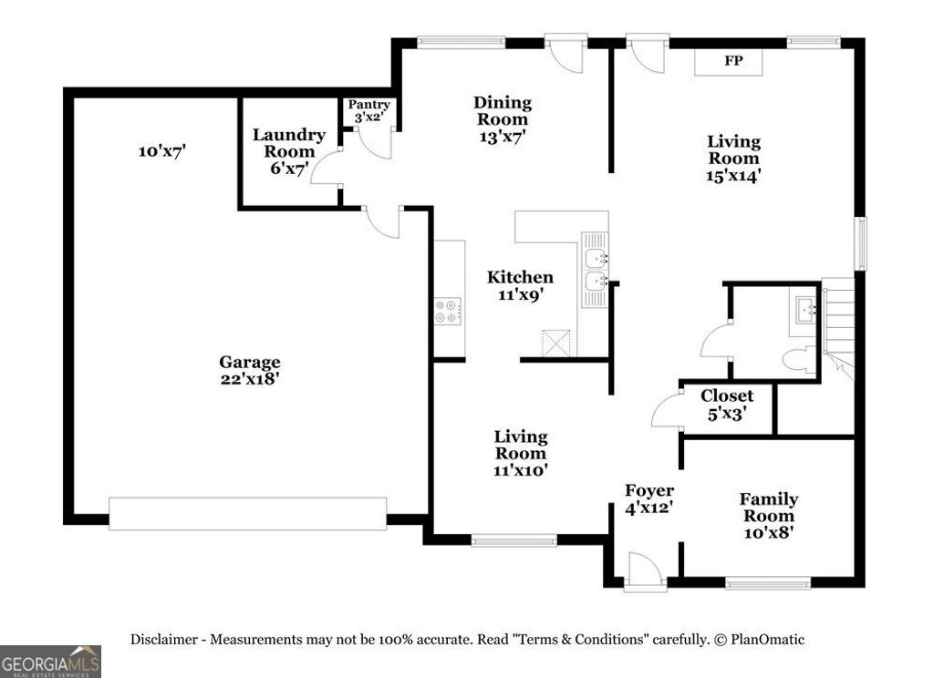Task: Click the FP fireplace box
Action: tap(732, 62)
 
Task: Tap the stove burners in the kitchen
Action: tap(448, 312)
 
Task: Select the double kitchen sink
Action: tap(596, 270)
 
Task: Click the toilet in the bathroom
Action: tap(798, 360)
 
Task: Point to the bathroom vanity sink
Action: tap(805, 311)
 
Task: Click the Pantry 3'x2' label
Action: tap(369, 111)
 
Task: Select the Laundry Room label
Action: tap(288, 151)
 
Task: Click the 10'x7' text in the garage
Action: tap(162, 151)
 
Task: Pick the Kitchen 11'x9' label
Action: tap(520, 286)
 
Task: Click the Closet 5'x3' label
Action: tap(727, 404)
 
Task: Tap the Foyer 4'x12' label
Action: tap(649, 499)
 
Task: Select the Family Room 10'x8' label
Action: tap(768, 516)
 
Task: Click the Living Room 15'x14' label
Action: tap(733, 159)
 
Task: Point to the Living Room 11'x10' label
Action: tap(521, 453)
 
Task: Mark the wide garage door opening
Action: tap(247, 513)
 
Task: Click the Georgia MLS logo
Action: tap(50, 661)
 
